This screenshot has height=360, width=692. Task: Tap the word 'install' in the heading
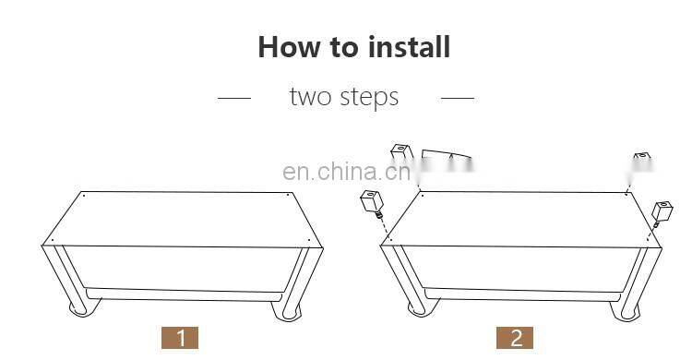[x=409, y=46]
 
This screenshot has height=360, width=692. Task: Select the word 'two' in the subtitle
[x=310, y=97]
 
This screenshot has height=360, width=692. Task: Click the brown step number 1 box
[x=180, y=338]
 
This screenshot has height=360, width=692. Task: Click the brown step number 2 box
[x=515, y=338]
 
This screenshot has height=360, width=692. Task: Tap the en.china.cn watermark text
[x=346, y=172]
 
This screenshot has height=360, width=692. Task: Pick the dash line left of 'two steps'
[x=234, y=98]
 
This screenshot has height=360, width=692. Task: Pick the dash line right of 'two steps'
[x=458, y=98]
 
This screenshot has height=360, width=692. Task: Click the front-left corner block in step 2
[x=373, y=202]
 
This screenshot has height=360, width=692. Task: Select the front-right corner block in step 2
[x=662, y=211]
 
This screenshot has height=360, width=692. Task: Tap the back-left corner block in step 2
[x=401, y=151]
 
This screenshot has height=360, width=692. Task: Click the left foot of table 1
[x=81, y=307]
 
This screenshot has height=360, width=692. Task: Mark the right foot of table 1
[x=288, y=311]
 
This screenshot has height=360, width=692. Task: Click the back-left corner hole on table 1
[x=84, y=196]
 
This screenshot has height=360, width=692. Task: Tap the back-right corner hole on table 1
[x=288, y=195]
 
